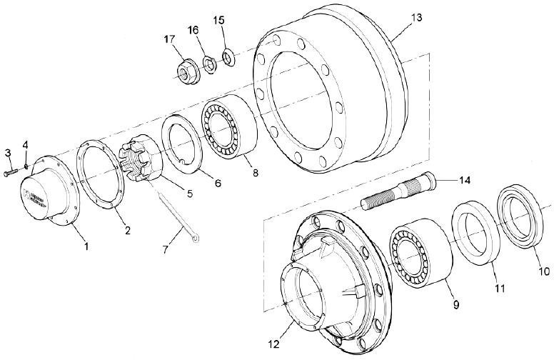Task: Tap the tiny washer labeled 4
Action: [26, 168]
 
